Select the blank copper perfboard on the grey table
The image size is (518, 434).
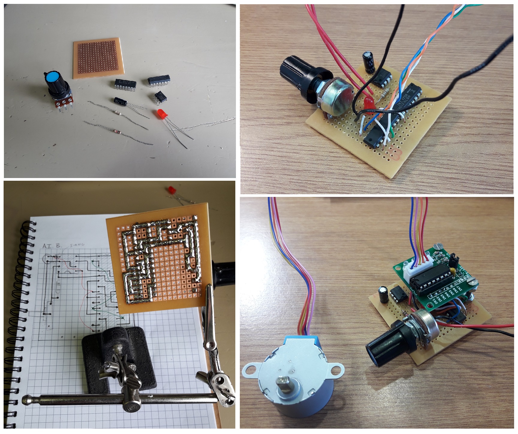[x=98, y=58]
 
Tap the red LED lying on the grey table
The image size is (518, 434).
[x=162, y=114]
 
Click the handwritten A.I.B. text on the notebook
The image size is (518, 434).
[x=52, y=246]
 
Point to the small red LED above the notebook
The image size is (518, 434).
[x=172, y=190]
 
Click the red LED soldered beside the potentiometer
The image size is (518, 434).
[x=368, y=105]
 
